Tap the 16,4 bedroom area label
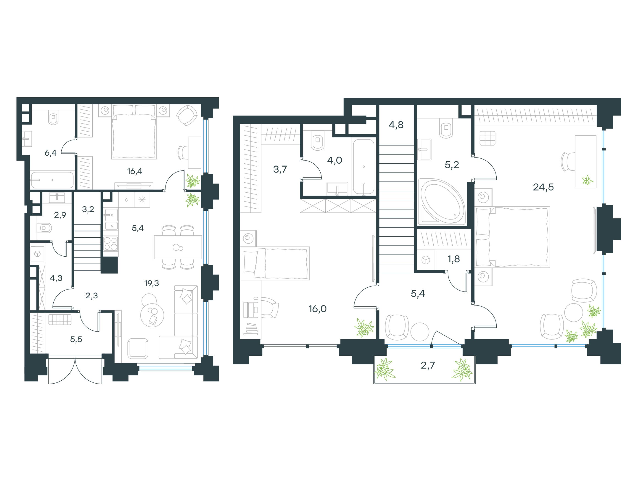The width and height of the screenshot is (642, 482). click(135, 171)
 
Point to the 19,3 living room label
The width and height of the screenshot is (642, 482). click(152, 283)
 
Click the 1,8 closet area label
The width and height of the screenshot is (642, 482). click(454, 259)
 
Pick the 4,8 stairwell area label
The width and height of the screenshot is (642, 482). click(396, 125)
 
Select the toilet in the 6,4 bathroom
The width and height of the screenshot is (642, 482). click(53, 117)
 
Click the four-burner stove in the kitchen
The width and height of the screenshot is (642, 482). click(111, 244)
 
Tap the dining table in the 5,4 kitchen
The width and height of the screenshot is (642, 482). click(178, 247)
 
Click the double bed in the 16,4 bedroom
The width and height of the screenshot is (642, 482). click(134, 132)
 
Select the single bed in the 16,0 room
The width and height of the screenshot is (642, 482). click(275, 263)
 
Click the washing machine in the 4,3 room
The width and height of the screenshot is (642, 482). click(37, 254)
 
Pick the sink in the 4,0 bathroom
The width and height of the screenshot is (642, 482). click(337, 188)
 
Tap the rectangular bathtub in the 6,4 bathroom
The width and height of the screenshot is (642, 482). click(52, 180)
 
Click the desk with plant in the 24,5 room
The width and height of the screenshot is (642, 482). click(585, 161)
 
